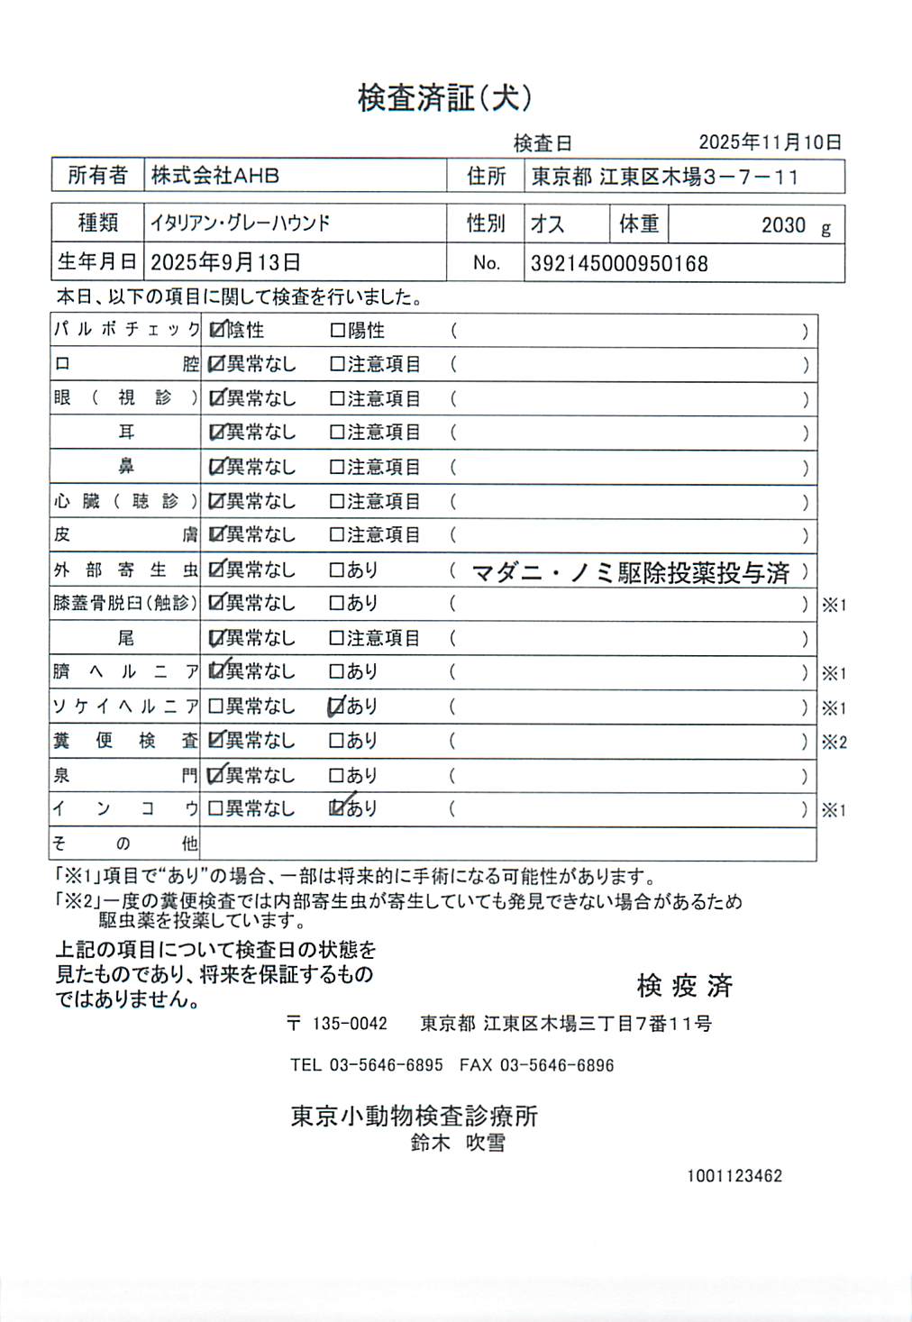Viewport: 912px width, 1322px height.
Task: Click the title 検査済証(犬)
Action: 444,97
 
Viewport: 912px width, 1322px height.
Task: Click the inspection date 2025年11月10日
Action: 770,142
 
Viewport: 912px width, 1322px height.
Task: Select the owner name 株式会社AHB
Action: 214,176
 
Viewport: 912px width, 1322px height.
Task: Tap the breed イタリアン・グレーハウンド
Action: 240,223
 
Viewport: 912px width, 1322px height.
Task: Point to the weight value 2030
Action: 783,225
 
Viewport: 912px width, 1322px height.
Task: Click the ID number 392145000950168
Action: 619,264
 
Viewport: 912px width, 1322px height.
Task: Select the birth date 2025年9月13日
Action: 225,262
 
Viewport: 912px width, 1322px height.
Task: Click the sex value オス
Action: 547,223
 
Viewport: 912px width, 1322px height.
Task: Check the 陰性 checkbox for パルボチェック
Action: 216,330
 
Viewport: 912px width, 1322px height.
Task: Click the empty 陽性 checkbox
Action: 337,331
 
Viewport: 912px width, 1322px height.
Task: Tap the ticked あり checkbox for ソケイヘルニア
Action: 337,707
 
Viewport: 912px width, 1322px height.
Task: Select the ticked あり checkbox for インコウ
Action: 337,808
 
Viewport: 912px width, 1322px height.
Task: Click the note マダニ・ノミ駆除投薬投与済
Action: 630,572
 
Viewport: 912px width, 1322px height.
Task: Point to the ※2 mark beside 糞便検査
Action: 834,743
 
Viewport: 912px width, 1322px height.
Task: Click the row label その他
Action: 124,843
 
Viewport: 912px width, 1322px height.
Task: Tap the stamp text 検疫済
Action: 684,986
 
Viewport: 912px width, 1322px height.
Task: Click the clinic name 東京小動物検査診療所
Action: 414,1116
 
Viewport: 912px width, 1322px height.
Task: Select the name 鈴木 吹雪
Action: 458,1143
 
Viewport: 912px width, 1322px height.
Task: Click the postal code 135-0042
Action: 350,1024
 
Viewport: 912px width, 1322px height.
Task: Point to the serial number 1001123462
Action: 734,1176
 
